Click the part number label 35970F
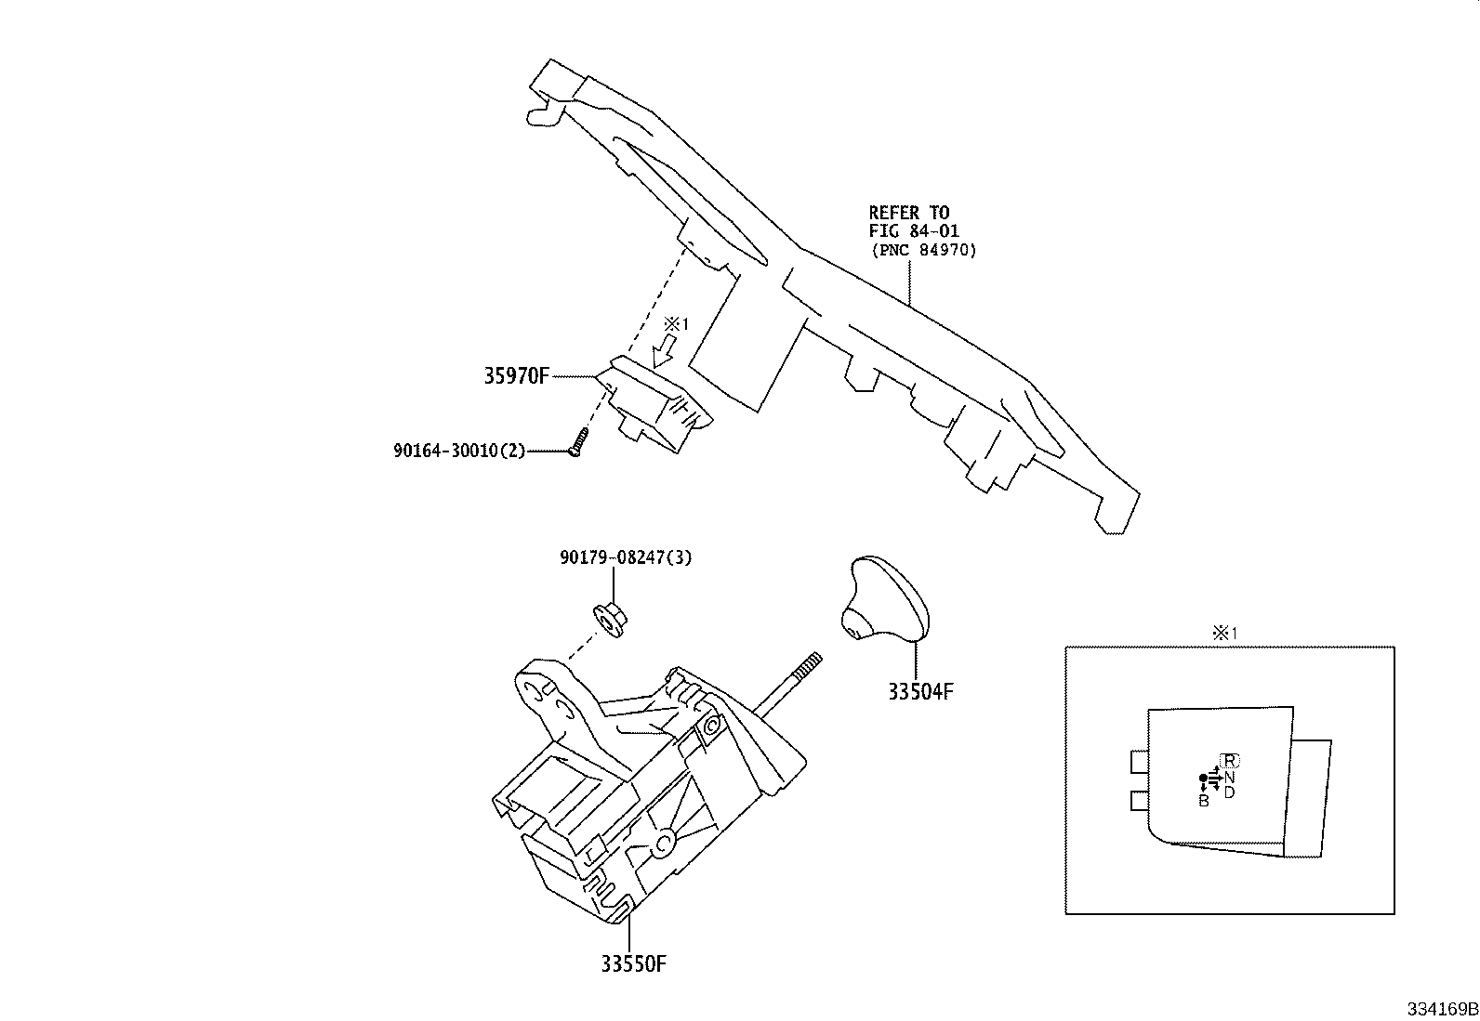click(x=517, y=376)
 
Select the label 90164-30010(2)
click(x=459, y=451)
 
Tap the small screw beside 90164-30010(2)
click(x=577, y=441)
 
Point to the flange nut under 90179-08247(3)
click(x=610, y=617)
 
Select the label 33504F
click(x=917, y=691)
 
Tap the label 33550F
click(x=633, y=963)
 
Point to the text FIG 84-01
click(x=914, y=230)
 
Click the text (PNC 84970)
click(x=924, y=250)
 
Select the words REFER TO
click(x=908, y=213)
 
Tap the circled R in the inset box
click(x=1230, y=760)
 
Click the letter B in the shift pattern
click(x=1203, y=801)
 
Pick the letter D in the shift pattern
click(x=1229, y=792)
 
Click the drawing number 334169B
click(x=1441, y=1009)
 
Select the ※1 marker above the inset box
click(x=1223, y=634)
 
